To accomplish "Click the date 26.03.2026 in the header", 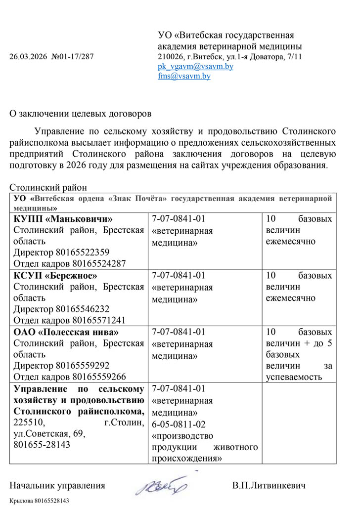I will (28, 56).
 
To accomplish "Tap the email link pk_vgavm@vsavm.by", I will (195, 66).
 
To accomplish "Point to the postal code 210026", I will (169, 56).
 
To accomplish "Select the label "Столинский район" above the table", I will (48, 188).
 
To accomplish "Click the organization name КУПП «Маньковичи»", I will (63, 219).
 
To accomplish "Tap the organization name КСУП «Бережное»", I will (55, 275).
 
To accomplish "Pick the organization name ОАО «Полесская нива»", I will (66, 332).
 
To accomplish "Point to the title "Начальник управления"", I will (57, 485).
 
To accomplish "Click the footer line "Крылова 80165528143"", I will (39, 501).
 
